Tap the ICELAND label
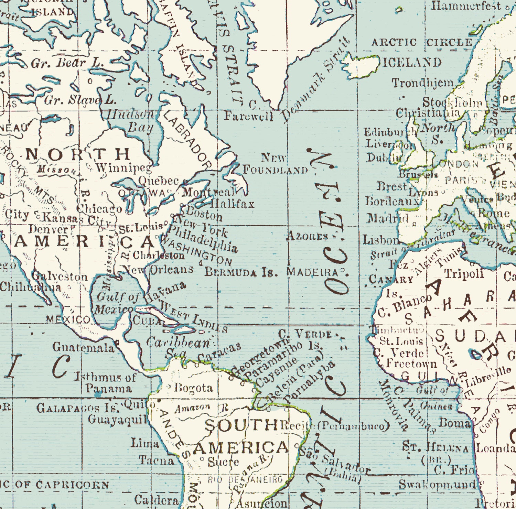click(x=412, y=63)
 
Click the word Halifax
click(x=232, y=204)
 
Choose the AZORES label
click(x=307, y=236)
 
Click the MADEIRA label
click(x=313, y=272)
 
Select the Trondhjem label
click(x=423, y=83)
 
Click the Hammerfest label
click(x=466, y=6)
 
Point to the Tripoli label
click(x=464, y=274)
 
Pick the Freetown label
click(x=411, y=363)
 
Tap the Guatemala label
click(x=83, y=347)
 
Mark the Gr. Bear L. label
click(x=67, y=63)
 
